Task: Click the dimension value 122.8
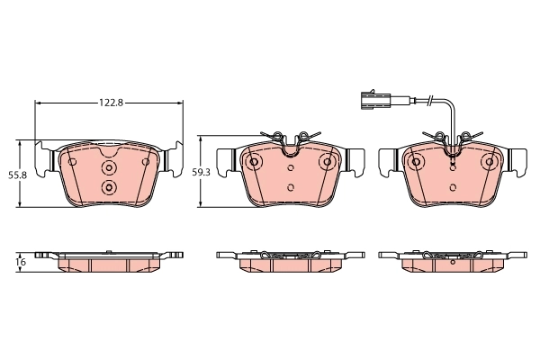[110, 103]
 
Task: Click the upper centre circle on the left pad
[110, 168]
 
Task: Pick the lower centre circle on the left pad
[110, 187]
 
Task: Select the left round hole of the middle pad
[254, 162]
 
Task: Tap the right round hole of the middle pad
[328, 162]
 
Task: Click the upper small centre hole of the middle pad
[291, 167]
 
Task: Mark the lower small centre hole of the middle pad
[291, 187]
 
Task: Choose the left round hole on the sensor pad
[416, 162]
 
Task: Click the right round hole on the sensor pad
[490, 162]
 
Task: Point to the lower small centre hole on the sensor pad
[453, 187]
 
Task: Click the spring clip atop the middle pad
[291, 138]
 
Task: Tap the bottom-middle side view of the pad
[291, 259]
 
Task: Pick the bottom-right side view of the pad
[453, 259]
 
